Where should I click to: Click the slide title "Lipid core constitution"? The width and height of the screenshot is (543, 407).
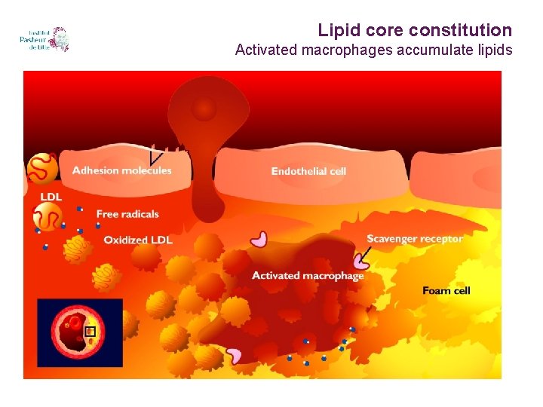point(414,30)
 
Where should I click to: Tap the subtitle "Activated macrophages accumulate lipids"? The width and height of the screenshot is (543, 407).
point(373,50)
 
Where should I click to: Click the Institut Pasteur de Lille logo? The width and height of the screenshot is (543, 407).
point(44,40)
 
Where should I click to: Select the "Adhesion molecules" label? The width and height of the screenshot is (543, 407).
point(121,170)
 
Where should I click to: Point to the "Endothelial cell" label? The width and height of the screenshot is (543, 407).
point(308,171)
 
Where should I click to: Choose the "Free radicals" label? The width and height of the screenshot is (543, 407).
point(127,214)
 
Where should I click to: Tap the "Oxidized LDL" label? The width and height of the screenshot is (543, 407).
point(138,240)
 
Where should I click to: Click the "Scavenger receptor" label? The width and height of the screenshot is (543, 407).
point(415,239)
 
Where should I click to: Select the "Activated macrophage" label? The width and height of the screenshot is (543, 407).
point(308,275)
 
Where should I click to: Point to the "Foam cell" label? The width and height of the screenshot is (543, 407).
point(446,291)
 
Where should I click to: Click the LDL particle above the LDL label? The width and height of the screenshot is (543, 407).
point(41,168)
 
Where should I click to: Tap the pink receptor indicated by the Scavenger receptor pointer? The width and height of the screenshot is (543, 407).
point(360,261)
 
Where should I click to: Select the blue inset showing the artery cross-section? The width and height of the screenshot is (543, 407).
point(80,332)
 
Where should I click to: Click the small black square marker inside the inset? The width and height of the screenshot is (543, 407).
point(90,331)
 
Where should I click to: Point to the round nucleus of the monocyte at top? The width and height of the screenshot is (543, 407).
point(203,110)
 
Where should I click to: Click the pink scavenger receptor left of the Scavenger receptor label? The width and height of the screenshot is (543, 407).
point(259,239)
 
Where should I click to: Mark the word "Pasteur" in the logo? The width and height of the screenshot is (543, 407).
point(35,40)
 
